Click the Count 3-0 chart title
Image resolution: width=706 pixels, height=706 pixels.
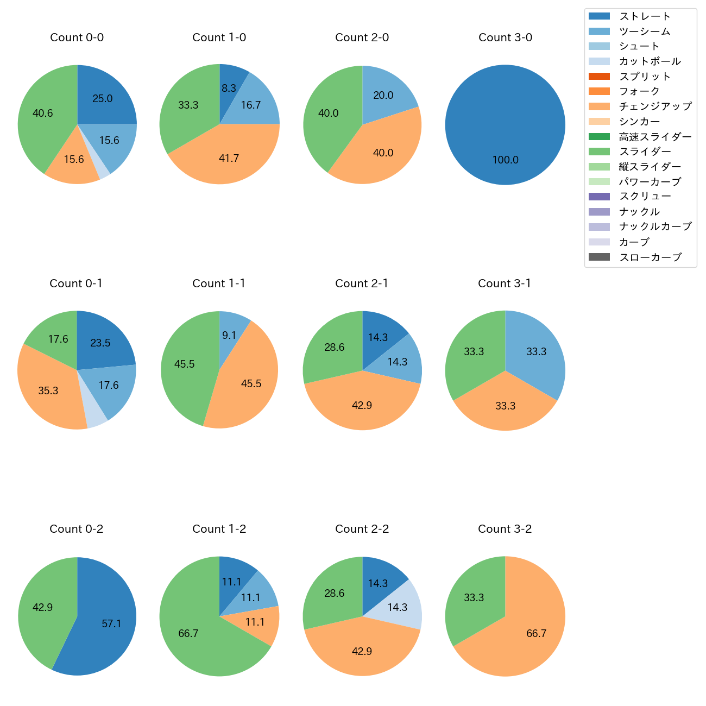[x=505, y=37]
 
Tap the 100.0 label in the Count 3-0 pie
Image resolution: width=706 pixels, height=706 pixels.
[x=505, y=160]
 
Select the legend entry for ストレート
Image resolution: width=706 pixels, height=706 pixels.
[x=645, y=16]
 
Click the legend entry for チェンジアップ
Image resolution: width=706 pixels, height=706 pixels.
[x=655, y=106]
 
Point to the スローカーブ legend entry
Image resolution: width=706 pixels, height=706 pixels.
[x=650, y=257]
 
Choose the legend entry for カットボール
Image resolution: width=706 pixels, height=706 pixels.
[x=650, y=61]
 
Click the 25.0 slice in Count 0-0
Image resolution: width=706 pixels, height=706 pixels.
[x=102, y=98]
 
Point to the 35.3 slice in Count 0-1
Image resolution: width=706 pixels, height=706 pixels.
[x=49, y=390]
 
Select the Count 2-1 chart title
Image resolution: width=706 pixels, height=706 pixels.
[x=362, y=283]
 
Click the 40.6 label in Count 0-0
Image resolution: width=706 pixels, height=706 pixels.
[x=43, y=114]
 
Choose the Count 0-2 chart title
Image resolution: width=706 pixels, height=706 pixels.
[x=77, y=529]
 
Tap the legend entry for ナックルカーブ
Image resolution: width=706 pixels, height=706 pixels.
[x=655, y=227]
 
